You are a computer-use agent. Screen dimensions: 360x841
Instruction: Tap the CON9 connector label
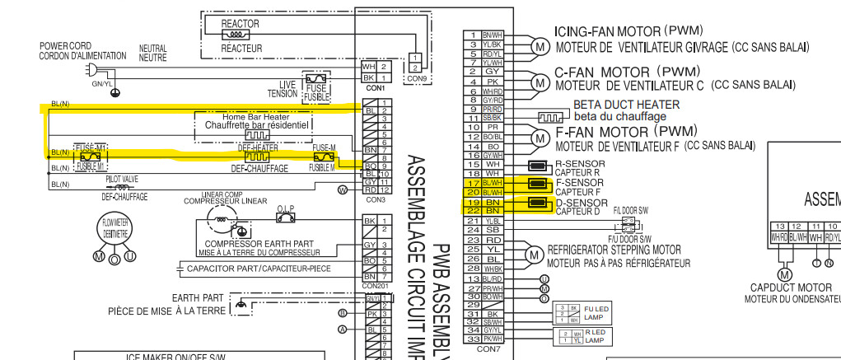(x=417, y=79)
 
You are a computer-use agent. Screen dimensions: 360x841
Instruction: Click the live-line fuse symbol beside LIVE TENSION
(x=316, y=82)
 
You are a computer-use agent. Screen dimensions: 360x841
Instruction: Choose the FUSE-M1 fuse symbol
(x=89, y=153)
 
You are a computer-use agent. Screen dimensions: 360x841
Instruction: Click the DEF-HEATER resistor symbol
(x=258, y=156)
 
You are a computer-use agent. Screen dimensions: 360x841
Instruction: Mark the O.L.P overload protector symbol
(x=287, y=217)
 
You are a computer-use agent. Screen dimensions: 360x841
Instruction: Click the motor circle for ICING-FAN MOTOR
(x=539, y=46)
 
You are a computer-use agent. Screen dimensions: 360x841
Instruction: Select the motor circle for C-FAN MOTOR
(x=539, y=82)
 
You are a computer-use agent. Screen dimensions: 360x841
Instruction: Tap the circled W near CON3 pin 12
(x=341, y=189)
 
